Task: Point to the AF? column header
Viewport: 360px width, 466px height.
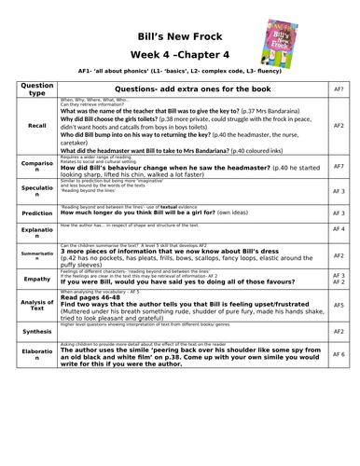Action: (x=339, y=89)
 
